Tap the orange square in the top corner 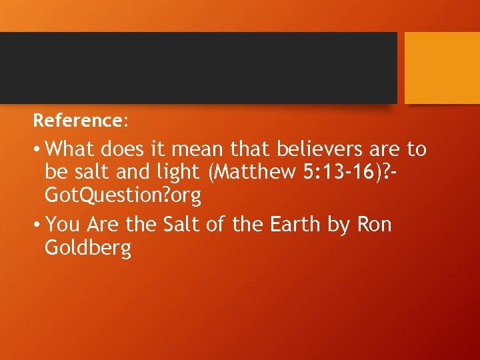coord(442,67)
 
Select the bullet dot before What coord(37,149)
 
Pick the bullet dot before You coord(37,225)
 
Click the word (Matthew coord(251,172)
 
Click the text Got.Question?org coord(123,196)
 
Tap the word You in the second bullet coord(63,225)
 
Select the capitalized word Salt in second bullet coord(180,225)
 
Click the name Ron coord(375,225)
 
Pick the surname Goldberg coord(87,249)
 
